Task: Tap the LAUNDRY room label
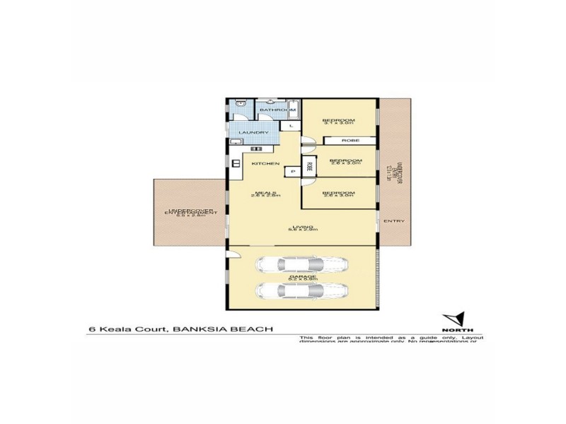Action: (x=253, y=133)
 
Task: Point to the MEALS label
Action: (x=266, y=193)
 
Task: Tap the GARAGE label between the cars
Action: (x=301, y=278)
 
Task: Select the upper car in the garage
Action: (x=301, y=266)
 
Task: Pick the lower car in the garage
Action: (x=301, y=290)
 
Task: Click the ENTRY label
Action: (x=393, y=222)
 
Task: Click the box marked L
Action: (x=291, y=126)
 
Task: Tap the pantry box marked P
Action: (x=292, y=172)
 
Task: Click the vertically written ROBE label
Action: (x=309, y=168)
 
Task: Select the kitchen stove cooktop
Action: (x=257, y=148)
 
